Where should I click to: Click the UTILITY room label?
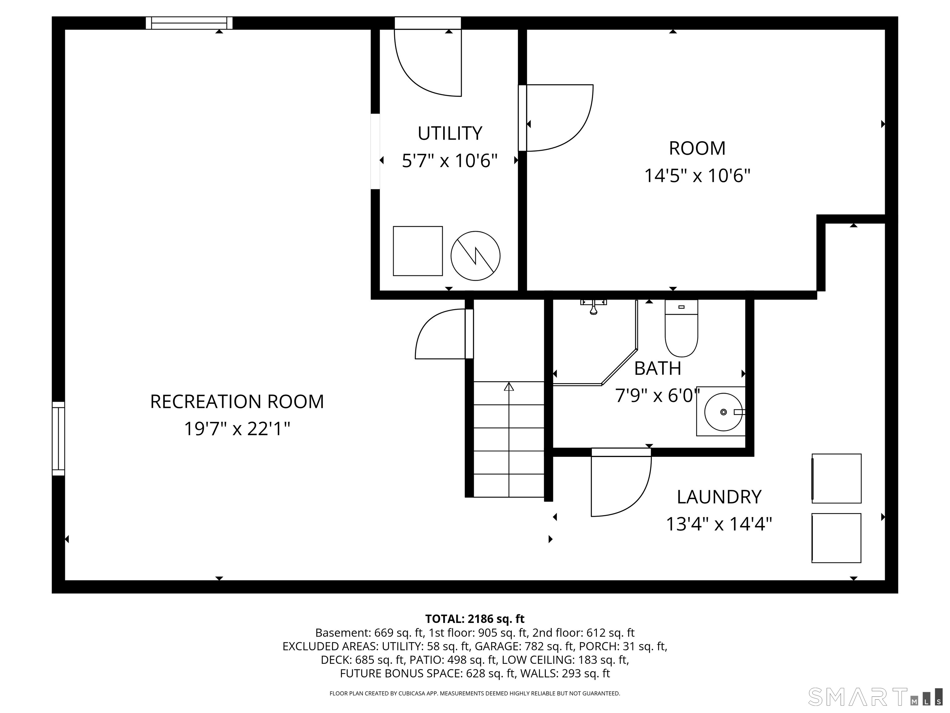pyautogui.click(x=450, y=133)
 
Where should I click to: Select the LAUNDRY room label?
pyautogui.click(x=719, y=497)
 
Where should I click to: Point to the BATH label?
pyautogui.click(x=657, y=368)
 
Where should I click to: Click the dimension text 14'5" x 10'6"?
pyautogui.click(x=697, y=176)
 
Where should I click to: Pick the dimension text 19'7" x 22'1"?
pyautogui.click(x=237, y=429)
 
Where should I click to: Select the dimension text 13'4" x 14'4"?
pyautogui.click(x=719, y=524)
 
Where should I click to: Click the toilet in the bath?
pyautogui.click(x=681, y=328)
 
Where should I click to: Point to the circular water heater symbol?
pyautogui.click(x=475, y=256)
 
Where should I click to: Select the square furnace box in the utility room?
pyautogui.click(x=418, y=251)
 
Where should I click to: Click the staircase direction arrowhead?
pyautogui.click(x=509, y=387)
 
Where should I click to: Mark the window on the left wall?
pyautogui.click(x=58, y=439)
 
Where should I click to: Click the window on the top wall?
pyautogui.click(x=189, y=23)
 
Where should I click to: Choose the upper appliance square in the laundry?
pyautogui.click(x=836, y=478)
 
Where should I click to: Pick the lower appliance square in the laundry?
pyautogui.click(x=836, y=538)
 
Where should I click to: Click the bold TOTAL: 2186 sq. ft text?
pyautogui.click(x=475, y=619)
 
